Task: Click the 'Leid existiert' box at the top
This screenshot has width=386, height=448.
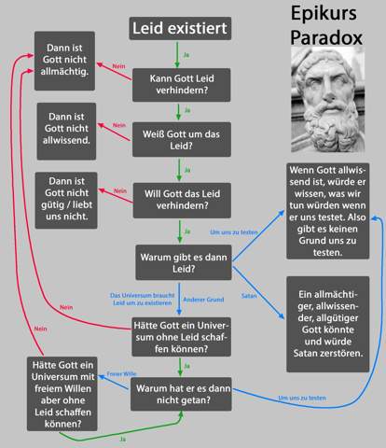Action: click(180, 28)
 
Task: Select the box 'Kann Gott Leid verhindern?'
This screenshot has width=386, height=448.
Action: click(182, 85)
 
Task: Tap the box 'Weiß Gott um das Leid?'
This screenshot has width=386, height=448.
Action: click(182, 140)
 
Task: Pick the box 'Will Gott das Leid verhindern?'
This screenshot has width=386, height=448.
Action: click(182, 201)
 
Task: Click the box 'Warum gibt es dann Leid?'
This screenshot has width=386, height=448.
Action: click(184, 262)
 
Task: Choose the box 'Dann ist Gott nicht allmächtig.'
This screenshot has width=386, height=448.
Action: click(64, 61)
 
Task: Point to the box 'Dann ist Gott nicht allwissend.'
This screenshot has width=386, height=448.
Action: click(66, 132)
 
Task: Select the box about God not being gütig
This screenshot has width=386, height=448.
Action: click(66, 201)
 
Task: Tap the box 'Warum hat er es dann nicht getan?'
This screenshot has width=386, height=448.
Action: click(181, 394)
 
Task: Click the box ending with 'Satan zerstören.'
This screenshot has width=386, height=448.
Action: click(328, 324)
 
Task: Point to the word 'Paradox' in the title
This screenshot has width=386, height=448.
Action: click(326, 37)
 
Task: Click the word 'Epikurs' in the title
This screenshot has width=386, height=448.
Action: click(324, 14)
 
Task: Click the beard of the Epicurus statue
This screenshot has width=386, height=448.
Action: click(329, 128)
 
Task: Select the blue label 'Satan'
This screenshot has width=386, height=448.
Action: click(249, 296)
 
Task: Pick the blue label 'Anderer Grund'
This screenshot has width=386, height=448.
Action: click(203, 300)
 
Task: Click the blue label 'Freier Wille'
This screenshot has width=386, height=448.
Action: click(121, 373)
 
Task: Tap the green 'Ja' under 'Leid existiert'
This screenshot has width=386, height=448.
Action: click(186, 55)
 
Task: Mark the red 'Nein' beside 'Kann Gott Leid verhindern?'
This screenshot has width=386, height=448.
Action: click(118, 66)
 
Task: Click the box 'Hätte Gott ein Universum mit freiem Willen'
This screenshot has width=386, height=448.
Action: click(62, 394)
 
